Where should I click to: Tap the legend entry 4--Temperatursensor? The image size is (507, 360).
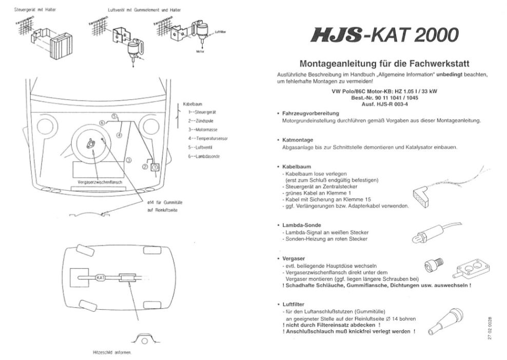pyautogui.click(x=208, y=138)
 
